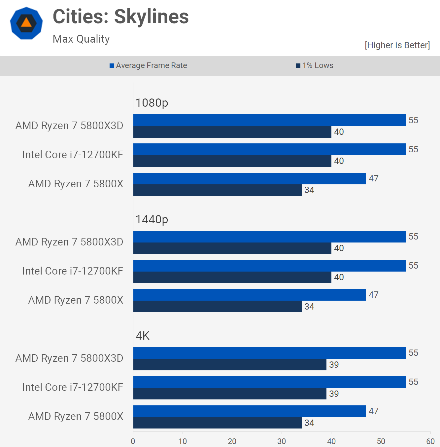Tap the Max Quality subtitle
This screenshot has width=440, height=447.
coord(81,39)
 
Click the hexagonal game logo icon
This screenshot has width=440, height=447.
coord(26,23)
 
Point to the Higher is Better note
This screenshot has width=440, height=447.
coord(397,45)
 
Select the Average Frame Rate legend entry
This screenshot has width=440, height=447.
coord(148,65)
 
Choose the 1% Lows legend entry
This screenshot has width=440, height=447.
coord(315,65)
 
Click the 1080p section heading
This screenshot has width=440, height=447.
coord(152,103)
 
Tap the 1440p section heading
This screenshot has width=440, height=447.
coord(152,219)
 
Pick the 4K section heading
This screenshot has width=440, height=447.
coord(143,336)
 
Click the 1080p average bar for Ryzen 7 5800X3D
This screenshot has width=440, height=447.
coord(269,120)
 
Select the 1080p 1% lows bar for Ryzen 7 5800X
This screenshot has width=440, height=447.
coord(217,190)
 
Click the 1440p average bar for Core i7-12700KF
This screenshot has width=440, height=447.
coord(269,266)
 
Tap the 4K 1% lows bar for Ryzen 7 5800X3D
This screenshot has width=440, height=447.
coord(230,364)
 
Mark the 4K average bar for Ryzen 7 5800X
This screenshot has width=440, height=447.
coord(250,411)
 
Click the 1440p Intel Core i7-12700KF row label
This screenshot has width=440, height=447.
coord(73,271)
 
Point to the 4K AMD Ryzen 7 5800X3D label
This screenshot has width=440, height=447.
coord(69,358)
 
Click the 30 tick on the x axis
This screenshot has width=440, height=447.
coord(282,441)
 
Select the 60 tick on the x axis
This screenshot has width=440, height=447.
coord(430,441)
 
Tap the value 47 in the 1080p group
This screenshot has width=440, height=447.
coord(374,178)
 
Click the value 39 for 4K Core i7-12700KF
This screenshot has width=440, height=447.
coord(334,394)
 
